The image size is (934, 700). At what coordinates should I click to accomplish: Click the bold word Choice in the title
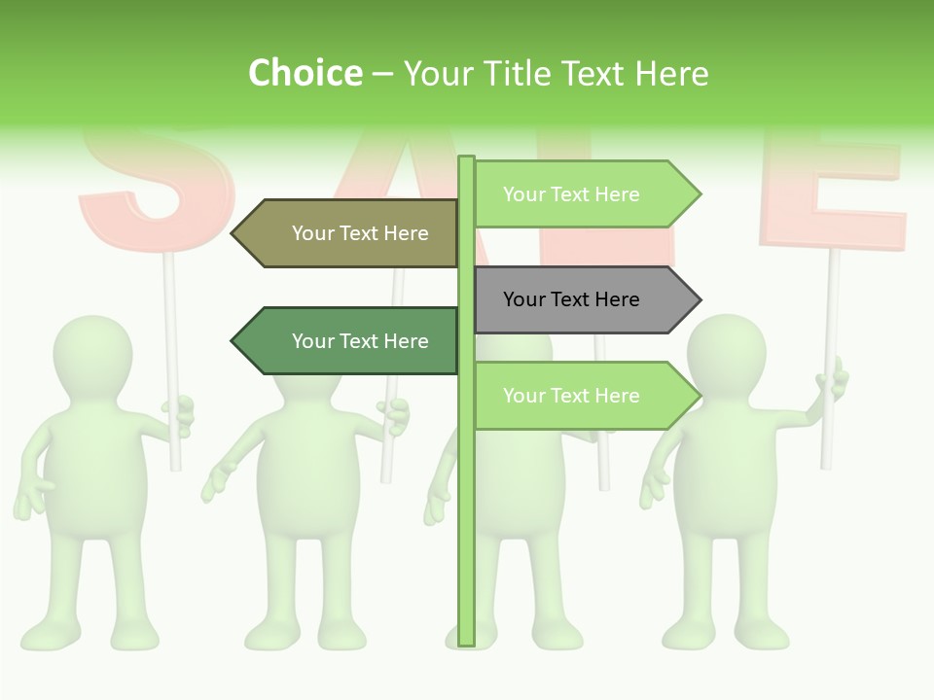[305, 73]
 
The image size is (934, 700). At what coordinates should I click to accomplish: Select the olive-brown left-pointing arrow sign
[350, 233]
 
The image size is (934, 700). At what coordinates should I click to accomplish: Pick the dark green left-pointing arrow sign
[350, 341]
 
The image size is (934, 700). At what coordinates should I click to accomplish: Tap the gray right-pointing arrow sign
[579, 299]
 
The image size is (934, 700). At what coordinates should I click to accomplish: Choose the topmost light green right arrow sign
[579, 194]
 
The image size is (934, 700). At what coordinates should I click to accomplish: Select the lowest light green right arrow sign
[579, 396]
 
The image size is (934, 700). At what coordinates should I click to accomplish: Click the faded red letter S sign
[156, 185]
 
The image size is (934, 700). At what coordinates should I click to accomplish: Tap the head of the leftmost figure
[92, 355]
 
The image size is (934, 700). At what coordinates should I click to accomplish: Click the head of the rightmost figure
[725, 355]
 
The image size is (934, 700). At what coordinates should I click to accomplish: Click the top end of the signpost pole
[466, 159]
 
